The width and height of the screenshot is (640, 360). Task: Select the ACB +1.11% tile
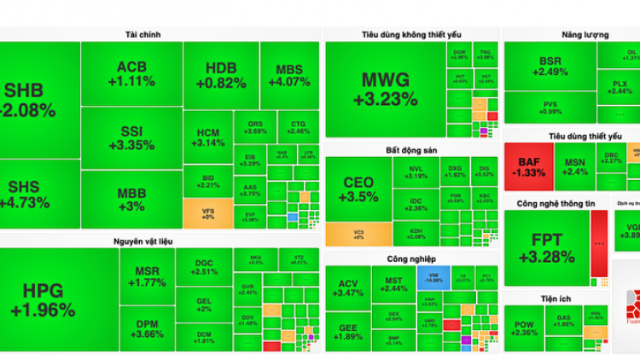pyautogui.click(x=131, y=74)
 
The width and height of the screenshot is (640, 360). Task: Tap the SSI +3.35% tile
pyautogui.click(x=131, y=136)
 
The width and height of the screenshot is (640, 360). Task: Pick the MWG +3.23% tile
pyautogui.click(x=384, y=89)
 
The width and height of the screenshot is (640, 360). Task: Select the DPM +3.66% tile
pyautogui.click(x=147, y=328)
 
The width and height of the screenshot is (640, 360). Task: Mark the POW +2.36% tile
pyautogui.click(x=524, y=328)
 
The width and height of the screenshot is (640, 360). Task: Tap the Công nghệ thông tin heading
pyautogui.click(x=555, y=203)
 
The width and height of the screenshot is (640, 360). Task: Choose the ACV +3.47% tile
pyautogui.click(x=348, y=287)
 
